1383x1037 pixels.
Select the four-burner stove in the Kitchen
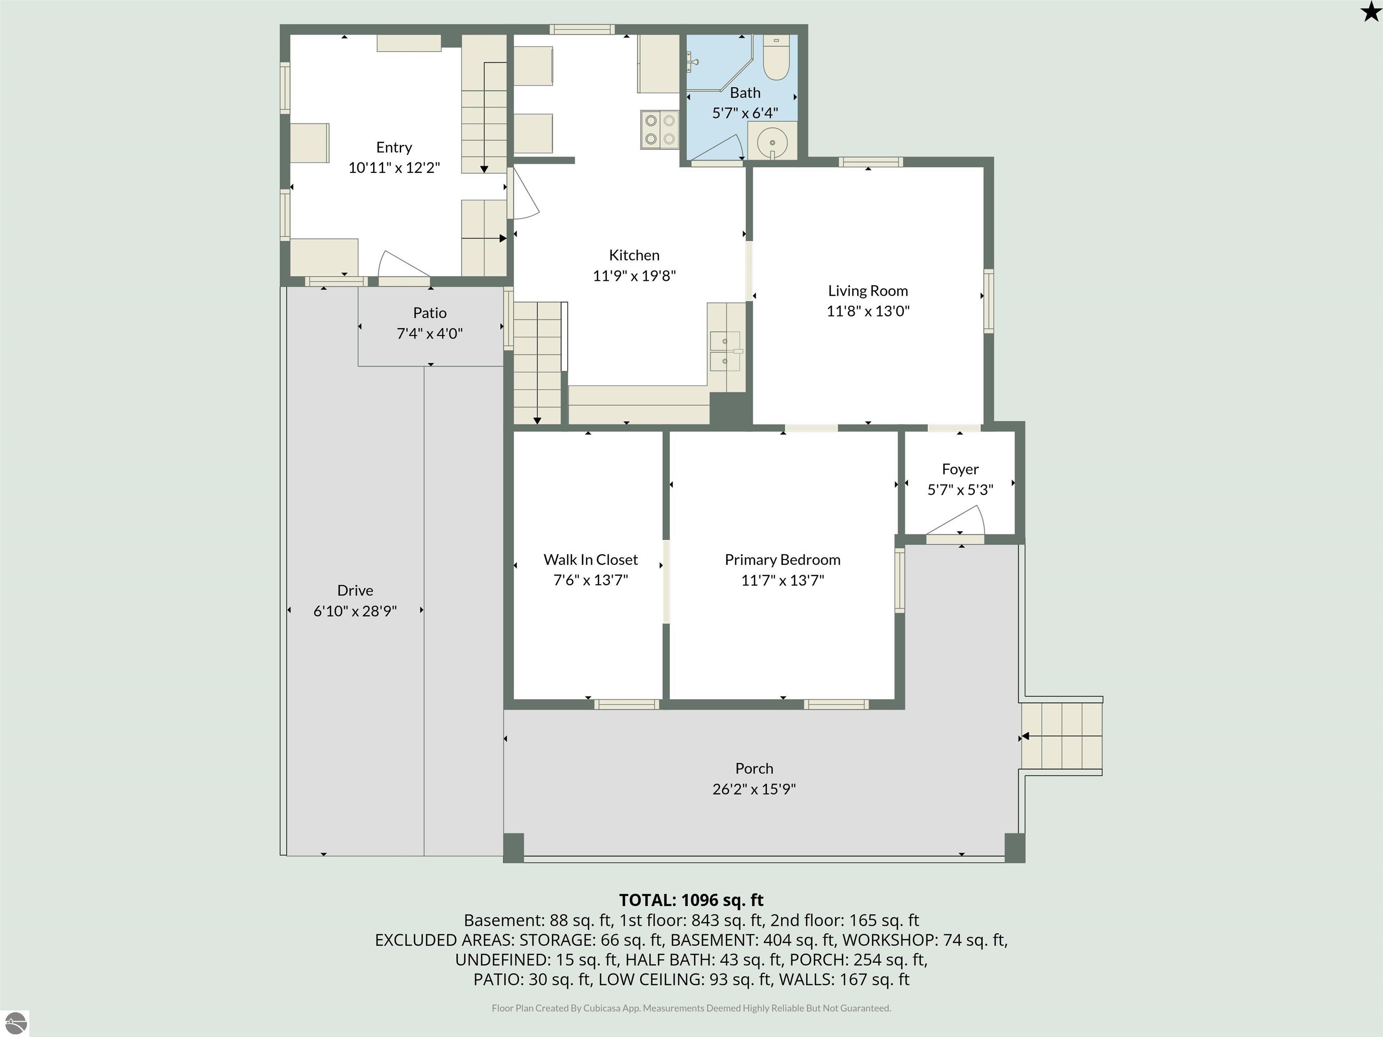click(x=660, y=129)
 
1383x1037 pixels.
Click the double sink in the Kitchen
click(x=725, y=351)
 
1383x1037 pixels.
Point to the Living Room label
click(x=868, y=291)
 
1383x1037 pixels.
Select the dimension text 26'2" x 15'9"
click(x=754, y=789)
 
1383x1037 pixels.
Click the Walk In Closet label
click(x=590, y=559)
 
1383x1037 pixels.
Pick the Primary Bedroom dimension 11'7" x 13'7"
click(x=782, y=580)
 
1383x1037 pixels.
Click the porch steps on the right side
click(x=1062, y=736)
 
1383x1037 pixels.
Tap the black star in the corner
click(x=1370, y=12)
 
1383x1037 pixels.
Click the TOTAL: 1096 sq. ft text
click(x=691, y=900)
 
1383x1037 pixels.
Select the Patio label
click(x=429, y=312)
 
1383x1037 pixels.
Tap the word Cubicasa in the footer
click(x=601, y=1008)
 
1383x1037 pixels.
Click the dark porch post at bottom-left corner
click(x=513, y=847)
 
